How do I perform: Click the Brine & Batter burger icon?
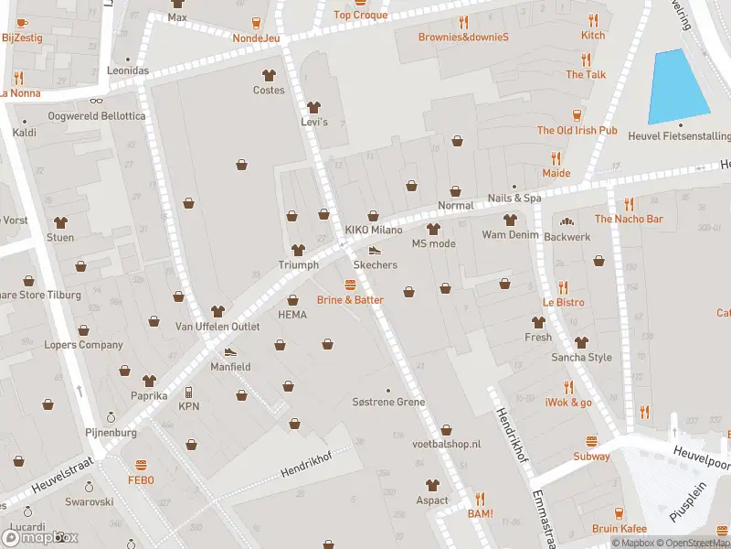point(350,285)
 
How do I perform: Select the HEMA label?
point(292,315)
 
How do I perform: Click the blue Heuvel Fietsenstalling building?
point(678,87)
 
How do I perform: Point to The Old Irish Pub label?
point(577,131)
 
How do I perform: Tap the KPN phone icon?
point(189,392)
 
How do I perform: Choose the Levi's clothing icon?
point(314,107)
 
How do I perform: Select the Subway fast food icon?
point(591,442)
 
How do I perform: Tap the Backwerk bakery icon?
point(567,221)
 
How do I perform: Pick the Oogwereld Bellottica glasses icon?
point(96,102)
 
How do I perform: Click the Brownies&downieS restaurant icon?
point(463,22)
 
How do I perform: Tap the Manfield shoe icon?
point(230,351)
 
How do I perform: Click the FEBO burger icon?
point(141,465)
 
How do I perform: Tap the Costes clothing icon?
point(269,75)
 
